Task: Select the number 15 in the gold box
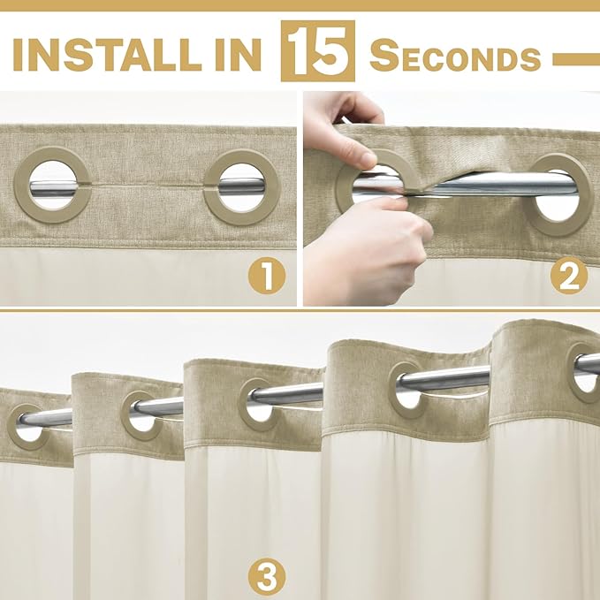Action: (317, 51)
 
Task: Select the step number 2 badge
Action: (569, 276)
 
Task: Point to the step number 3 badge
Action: (267, 576)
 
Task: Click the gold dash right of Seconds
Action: (576, 59)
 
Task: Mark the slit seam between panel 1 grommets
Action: (148, 186)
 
